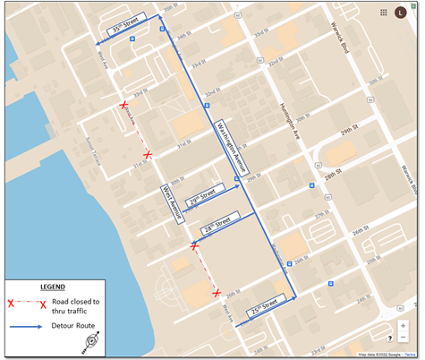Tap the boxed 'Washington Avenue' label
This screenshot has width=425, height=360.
click(233, 147)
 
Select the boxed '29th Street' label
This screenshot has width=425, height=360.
click(202, 194)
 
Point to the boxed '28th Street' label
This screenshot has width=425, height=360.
click(216, 223)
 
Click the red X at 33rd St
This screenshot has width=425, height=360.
click(123, 106)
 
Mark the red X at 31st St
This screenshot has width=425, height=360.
click(148, 156)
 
